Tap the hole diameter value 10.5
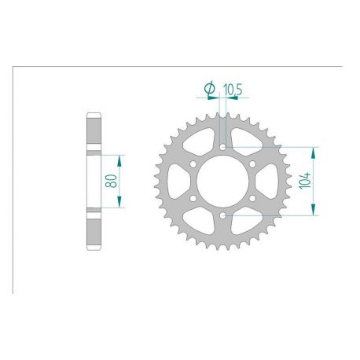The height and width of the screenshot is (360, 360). coord(230,90)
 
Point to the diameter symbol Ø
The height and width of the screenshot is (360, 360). coord(209,90)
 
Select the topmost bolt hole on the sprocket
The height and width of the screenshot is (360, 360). coord(223,146)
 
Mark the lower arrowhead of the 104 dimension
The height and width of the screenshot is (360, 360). coord(314,211)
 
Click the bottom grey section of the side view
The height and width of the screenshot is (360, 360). coord(94,231)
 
